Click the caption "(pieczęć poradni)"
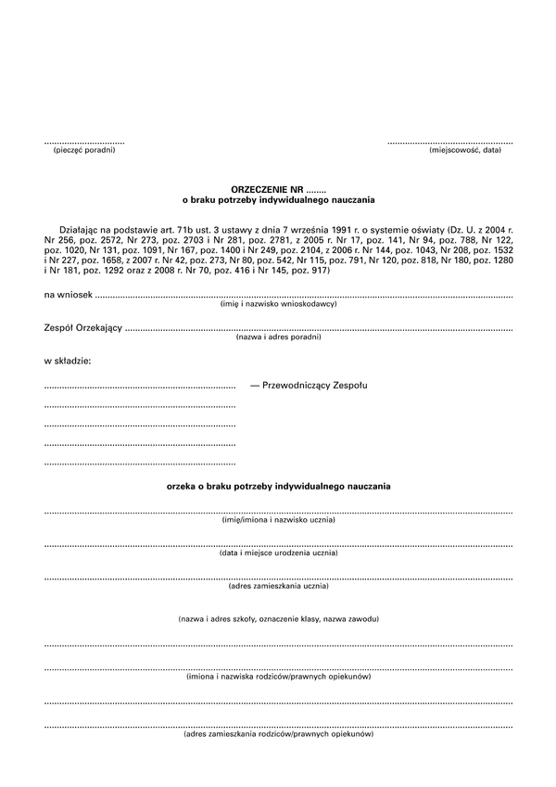tap(83, 150)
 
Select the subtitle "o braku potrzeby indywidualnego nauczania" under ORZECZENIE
tap(278, 198)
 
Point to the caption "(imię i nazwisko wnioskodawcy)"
tap(278, 304)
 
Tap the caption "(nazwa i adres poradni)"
tap(278, 337)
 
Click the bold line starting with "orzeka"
tap(278, 486)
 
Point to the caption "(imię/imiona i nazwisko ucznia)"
tap(278, 520)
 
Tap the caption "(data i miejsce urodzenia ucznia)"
tap(278, 552)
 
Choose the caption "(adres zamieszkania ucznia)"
tap(278, 586)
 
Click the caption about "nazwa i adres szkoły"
tap(278, 618)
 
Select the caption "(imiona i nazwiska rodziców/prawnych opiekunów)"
tap(278, 678)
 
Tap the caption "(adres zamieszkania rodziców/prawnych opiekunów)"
tap(278, 735)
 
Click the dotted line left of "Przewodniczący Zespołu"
tap(140, 385)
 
